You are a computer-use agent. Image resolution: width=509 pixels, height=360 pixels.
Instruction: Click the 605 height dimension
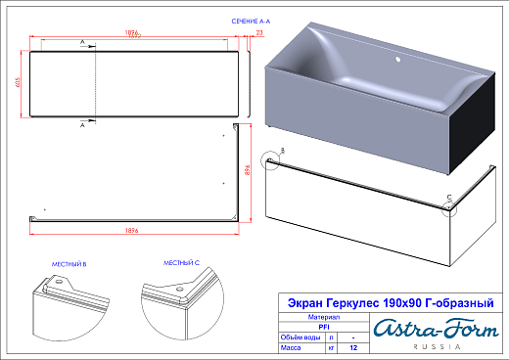[17, 83]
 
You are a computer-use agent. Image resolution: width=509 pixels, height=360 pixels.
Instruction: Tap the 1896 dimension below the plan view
[131, 230]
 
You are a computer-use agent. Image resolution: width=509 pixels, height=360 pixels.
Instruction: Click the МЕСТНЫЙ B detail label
[69, 264]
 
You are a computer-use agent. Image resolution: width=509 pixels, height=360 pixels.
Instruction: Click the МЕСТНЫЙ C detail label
[181, 264]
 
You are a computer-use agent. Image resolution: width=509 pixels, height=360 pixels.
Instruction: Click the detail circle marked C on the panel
[449, 207]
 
